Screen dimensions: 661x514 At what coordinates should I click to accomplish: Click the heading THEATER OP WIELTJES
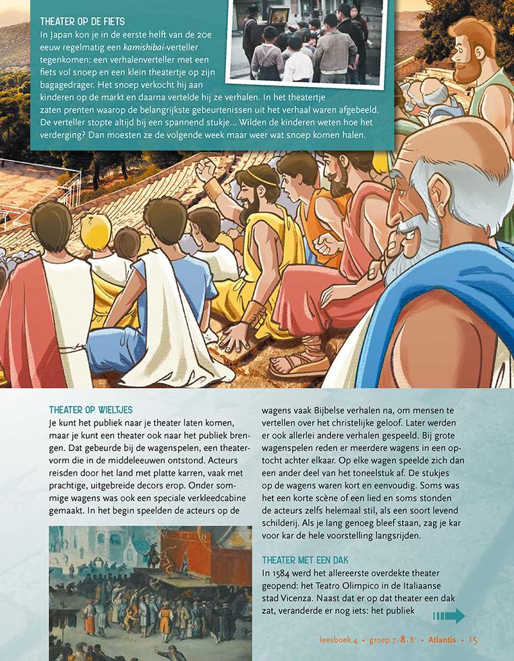click(x=91, y=410)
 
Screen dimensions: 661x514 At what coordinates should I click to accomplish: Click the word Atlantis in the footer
click(x=439, y=640)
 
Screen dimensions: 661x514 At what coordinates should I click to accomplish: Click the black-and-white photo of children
click(x=306, y=40)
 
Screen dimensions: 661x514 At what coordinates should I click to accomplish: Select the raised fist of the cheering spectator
click(x=206, y=173)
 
